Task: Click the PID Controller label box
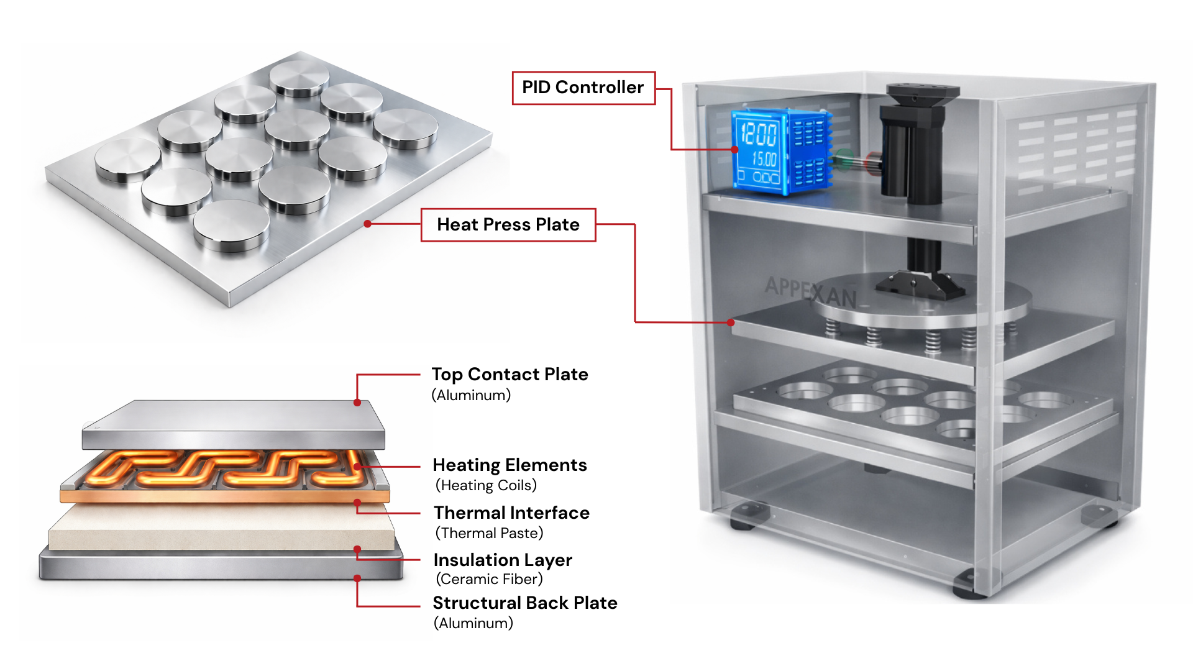tap(583, 88)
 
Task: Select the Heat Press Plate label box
tap(508, 224)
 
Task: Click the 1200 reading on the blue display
tap(759, 134)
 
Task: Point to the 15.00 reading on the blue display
tap(764, 159)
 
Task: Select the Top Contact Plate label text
tap(510, 374)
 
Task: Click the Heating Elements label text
tap(510, 465)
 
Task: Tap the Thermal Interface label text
tap(511, 513)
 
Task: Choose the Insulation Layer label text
tap(503, 560)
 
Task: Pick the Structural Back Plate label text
tap(525, 603)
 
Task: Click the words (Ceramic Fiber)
tap(489, 579)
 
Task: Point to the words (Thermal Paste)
tap(489, 533)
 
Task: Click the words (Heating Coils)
tap(486, 485)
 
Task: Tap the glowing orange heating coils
tap(224, 469)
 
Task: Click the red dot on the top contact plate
tap(357, 403)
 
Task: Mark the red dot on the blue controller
tap(735, 150)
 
